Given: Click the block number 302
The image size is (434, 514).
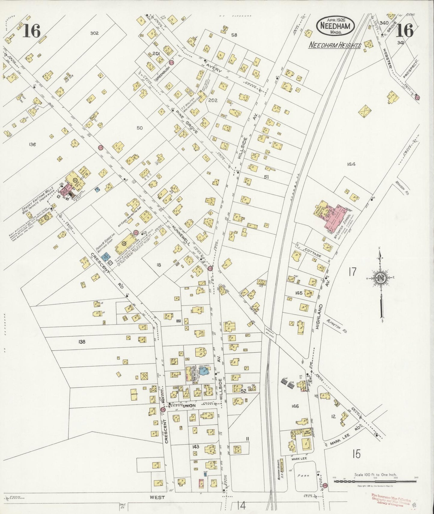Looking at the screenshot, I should pos(94,33).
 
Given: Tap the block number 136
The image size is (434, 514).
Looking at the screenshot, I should pos(32,145).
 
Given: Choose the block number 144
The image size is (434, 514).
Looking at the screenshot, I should pos(351,164).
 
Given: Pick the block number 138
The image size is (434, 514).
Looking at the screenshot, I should pos(82,342).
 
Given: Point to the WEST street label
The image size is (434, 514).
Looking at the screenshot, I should pos(157,497).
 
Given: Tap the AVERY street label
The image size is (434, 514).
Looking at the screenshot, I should pos(214,68).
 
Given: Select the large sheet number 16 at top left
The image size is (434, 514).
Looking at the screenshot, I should pos(31,31).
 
